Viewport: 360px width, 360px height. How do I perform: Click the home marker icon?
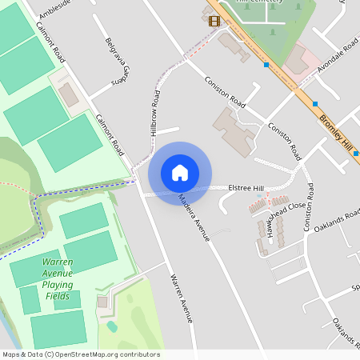tap(180, 173)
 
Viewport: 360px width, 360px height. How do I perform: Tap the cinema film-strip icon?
tap(214, 21)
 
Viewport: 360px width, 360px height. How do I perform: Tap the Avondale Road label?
tap(339, 54)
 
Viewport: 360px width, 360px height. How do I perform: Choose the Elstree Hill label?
tap(246, 187)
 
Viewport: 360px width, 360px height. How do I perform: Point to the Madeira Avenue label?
tap(194, 217)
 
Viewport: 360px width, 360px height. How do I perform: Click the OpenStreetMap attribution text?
tap(80, 354)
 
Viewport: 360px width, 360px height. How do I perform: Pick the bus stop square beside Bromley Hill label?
tap(316, 103)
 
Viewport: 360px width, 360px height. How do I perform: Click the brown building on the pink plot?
tap(297, 58)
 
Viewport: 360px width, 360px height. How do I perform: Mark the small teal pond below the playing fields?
tap(113, 326)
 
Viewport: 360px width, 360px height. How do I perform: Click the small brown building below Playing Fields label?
tap(102, 302)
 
